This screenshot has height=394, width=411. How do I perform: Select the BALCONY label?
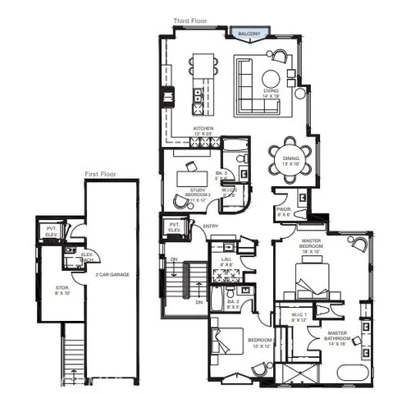point(249,34)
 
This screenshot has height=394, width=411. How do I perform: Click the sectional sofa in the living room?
point(246,84)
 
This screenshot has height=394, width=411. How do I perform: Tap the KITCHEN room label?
point(203,129)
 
